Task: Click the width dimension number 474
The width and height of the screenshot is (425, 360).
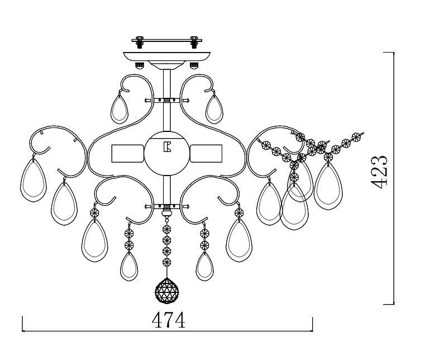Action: [169, 320]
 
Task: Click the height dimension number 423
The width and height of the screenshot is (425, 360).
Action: [379, 172]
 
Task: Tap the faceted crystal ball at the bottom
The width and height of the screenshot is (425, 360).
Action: [166, 291]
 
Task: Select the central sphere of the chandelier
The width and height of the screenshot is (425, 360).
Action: [167, 154]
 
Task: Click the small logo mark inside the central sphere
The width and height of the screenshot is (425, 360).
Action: [167, 147]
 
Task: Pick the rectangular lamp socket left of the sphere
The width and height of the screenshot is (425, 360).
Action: [128, 154]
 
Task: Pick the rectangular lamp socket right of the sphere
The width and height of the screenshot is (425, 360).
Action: [206, 154]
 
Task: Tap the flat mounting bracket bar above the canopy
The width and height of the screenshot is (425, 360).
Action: [166, 40]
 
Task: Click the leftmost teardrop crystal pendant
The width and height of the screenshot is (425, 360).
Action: [34, 181]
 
